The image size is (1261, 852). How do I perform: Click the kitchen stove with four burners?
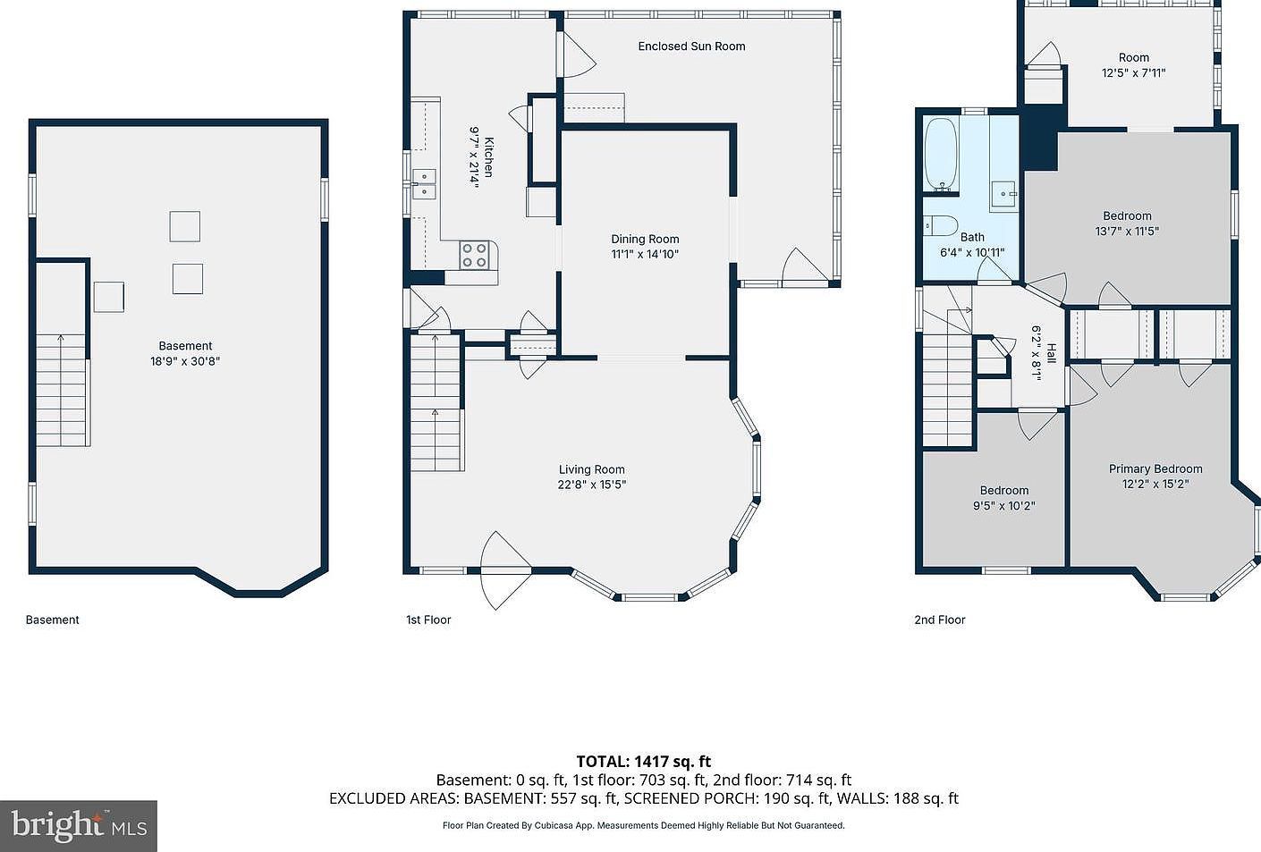tap(475, 256)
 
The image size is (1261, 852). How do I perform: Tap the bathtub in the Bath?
tap(941, 154)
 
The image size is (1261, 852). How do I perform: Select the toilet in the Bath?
tap(941, 224)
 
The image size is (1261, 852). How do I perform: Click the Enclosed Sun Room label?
tap(691, 46)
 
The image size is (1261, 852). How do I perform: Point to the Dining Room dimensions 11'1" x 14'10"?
tap(645, 254)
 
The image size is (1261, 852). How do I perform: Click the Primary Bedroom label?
tap(1155, 468)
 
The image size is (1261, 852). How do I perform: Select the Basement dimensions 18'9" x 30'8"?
tap(185, 361)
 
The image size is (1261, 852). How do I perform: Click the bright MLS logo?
tap(79, 825)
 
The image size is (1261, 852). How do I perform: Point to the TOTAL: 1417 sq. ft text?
tap(643, 762)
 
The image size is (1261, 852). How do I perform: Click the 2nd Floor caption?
tap(940, 620)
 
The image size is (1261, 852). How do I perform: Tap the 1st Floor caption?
tap(428, 620)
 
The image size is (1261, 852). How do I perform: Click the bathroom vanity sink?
tap(1005, 192)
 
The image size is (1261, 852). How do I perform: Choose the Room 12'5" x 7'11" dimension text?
tap(1133, 73)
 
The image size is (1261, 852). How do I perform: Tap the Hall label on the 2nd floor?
tap(1051, 353)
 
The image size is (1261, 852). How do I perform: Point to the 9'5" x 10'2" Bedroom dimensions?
tap(1004, 505)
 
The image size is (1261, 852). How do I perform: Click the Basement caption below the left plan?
tap(52, 620)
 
